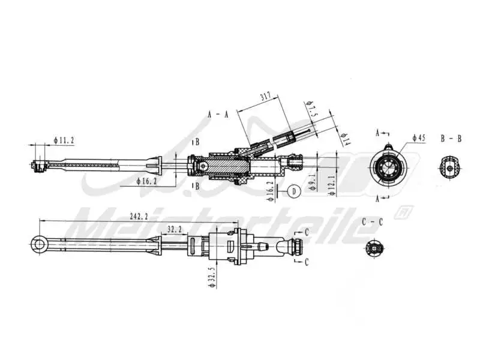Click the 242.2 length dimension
138,217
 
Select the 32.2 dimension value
175,229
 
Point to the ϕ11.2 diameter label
64,140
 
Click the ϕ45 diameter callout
419,138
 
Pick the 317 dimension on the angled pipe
265,97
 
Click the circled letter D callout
293,191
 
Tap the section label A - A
217,115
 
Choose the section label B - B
451,138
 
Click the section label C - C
373,221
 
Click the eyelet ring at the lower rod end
39,243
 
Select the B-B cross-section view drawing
450,169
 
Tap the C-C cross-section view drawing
374,248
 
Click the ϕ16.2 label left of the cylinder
147,180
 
